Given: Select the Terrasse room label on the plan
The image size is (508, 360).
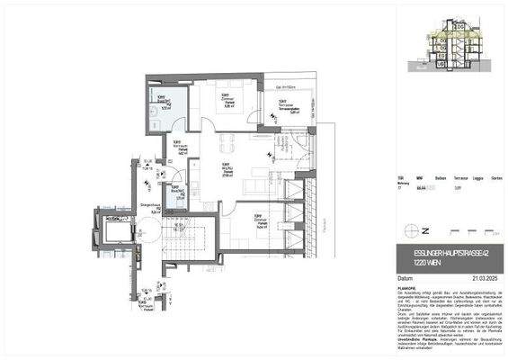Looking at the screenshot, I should [281, 106].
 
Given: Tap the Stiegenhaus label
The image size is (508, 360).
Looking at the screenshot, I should [148, 209].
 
